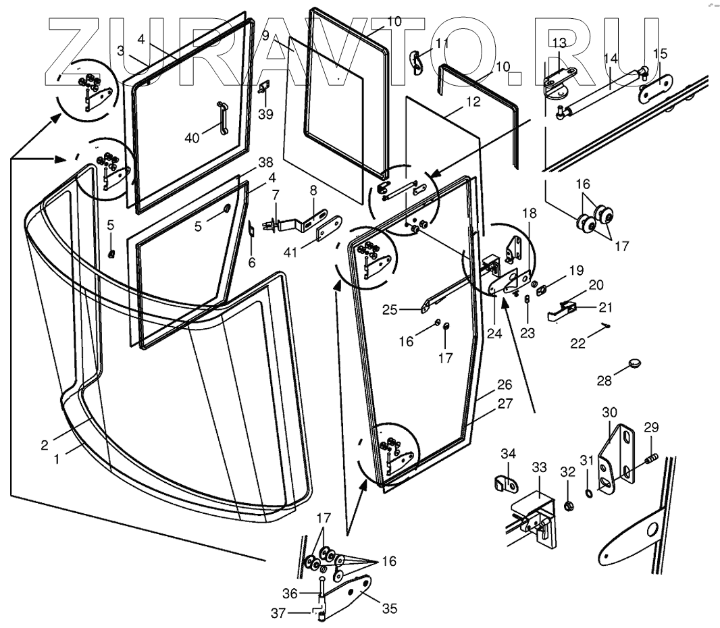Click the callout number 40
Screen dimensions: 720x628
tap(192, 138)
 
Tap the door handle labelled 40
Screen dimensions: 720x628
tap(222, 118)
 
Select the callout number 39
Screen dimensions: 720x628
tap(265, 114)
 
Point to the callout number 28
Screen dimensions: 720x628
tap(605, 381)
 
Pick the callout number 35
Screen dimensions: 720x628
tap(390, 608)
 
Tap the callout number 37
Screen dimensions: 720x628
tap(278, 613)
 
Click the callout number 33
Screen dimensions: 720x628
tap(539, 467)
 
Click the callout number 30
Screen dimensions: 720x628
tap(609, 413)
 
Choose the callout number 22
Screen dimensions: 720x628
tap(578, 344)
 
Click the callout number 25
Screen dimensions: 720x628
tap(390, 310)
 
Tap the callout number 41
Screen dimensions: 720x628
tap(290, 252)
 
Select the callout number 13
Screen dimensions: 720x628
tap(559, 43)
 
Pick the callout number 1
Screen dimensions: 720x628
tap(57, 459)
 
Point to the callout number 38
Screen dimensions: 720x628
tap(265, 163)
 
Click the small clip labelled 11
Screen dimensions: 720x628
tap(415, 62)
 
